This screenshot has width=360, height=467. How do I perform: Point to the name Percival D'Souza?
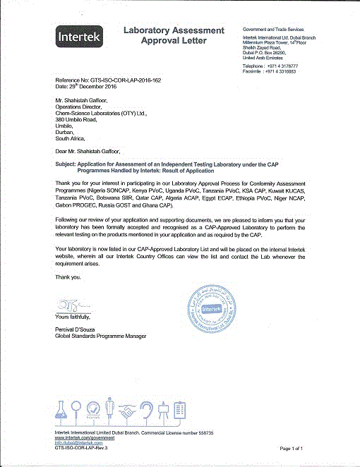80,330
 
